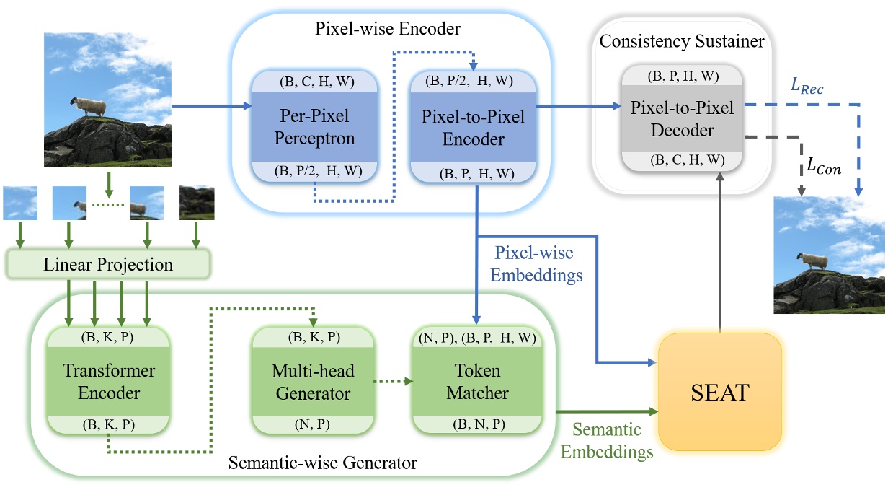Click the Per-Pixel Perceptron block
pos(314,128)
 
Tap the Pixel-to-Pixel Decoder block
pos(683,119)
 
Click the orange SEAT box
pos(720,393)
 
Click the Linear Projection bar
pos(107,264)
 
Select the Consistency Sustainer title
pos(682,41)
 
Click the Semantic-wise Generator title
pos(322,463)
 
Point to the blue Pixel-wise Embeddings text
pos(533,263)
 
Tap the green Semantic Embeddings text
pos(607,441)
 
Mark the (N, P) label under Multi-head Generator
pos(312,424)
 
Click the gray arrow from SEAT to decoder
pos(720,267)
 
